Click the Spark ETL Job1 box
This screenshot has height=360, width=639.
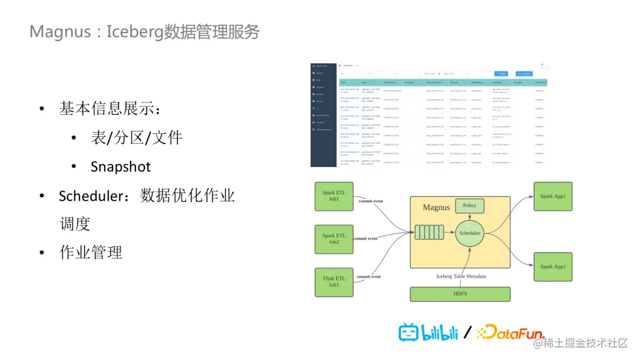(334, 196)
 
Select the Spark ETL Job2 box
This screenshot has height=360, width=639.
(334, 239)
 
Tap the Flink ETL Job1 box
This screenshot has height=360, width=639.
(334, 282)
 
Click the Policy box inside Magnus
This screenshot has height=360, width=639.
(469, 205)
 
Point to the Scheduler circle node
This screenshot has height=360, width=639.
(470, 233)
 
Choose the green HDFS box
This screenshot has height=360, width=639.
(460, 294)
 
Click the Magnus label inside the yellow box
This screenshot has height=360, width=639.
(436, 208)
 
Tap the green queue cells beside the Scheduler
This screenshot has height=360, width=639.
(429, 233)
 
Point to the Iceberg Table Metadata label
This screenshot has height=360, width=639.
(461, 277)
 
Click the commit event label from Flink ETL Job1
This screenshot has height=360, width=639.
(368, 277)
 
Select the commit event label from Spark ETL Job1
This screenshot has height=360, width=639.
(370, 201)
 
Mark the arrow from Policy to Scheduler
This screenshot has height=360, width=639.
(470, 217)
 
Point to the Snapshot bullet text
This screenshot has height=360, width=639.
(121, 167)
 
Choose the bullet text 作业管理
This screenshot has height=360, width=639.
(91, 252)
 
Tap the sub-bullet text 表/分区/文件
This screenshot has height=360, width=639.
(137, 138)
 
